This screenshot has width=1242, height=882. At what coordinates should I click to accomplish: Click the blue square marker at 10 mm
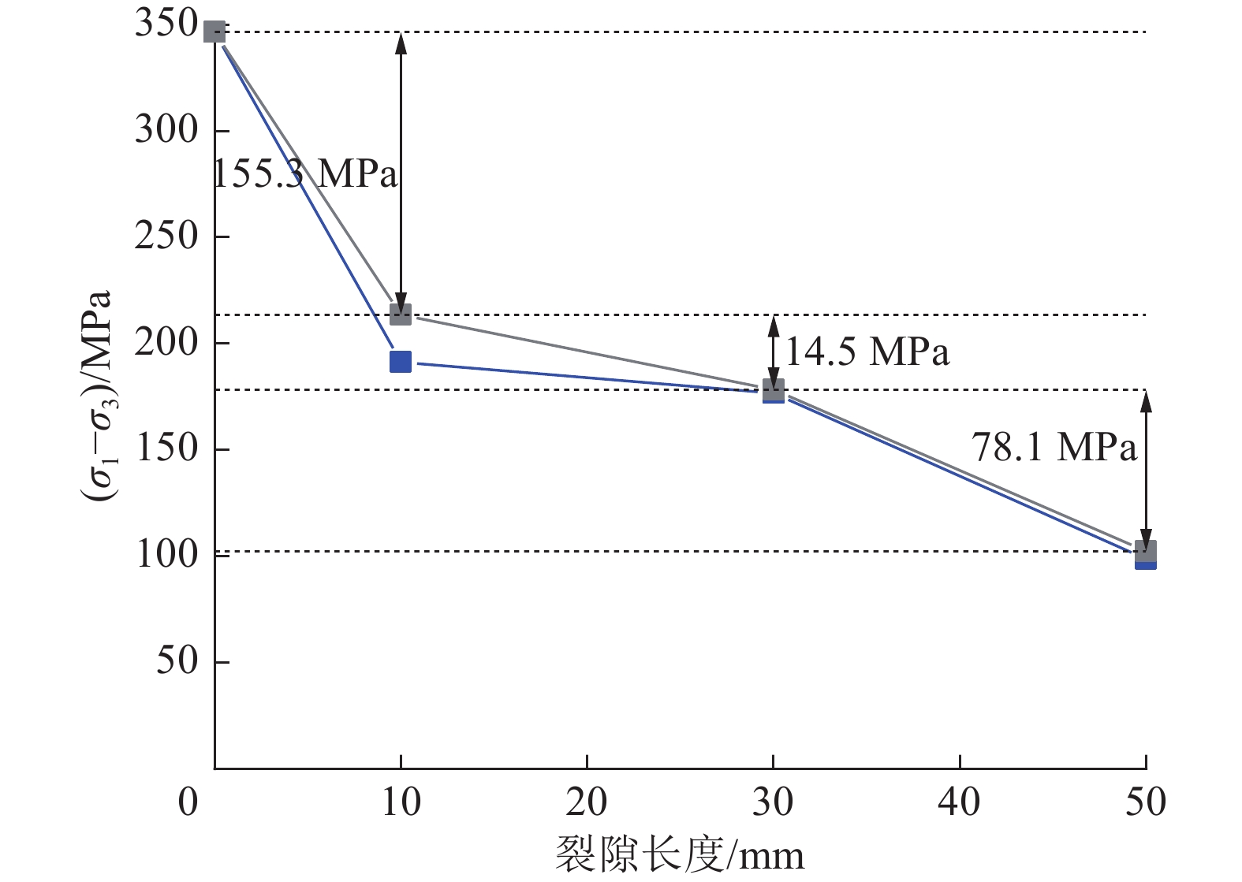(401, 362)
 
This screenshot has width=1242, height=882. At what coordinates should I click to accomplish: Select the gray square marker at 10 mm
(401, 315)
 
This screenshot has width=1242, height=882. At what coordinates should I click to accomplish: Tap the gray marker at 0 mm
(214, 32)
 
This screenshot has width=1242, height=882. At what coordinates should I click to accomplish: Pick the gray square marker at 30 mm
(774, 389)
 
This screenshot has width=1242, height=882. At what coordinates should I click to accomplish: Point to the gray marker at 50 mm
(1146, 550)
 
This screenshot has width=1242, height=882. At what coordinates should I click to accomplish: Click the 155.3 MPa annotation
(306, 173)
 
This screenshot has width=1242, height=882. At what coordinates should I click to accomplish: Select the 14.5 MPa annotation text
(867, 352)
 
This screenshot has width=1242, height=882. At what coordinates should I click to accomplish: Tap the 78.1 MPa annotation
(1054, 448)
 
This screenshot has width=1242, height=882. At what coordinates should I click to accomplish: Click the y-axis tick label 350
(166, 24)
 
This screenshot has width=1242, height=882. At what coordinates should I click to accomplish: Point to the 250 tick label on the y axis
(166, 236)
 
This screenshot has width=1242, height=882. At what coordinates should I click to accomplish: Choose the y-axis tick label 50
(177, 661)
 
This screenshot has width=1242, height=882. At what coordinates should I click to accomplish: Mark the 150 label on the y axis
(166, 448)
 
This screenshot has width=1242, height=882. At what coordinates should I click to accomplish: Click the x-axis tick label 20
(587, 802)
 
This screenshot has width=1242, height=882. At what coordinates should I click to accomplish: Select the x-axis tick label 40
(959, 802)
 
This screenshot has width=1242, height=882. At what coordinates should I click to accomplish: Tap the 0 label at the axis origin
(188, 802)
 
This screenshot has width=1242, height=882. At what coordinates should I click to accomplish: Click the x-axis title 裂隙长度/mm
(680, 854)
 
